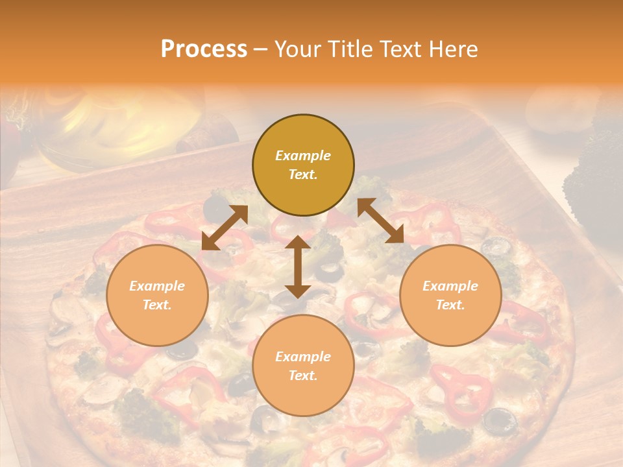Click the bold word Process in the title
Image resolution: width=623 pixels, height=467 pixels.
pyautogui.click(x=204, y=49)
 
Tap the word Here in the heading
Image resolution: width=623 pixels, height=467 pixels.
pyautogui.click(x=453, y=49)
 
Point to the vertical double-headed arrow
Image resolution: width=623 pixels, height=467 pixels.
pyautogui.click(x=297, y=267)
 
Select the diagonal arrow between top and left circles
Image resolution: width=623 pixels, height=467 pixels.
pyautogui.click(x=225, y=228)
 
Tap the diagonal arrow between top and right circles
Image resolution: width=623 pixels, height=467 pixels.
pyautogui.click(x=380, y=221)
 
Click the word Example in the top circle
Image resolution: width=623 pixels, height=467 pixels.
pyautogui.click(x=303, y=156)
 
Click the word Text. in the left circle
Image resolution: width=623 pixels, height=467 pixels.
pyautogui.click(x=157, y=305)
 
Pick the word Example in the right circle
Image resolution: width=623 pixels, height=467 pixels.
pyautogui.click(x=450, y=286)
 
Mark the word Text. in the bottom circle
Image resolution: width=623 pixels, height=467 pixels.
pyautogui.click(x=303, y=376)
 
